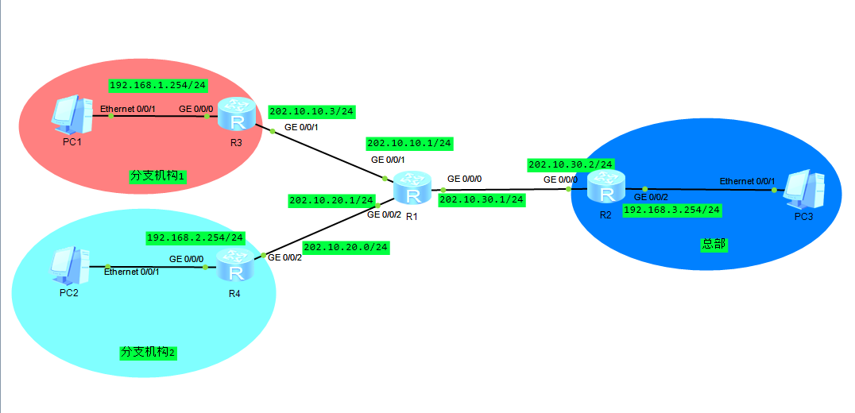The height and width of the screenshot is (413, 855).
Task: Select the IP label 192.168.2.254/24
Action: (x=195, y=237)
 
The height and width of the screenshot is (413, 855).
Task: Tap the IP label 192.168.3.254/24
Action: (x=672, y=210)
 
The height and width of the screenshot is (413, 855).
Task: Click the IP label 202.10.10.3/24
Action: (x=311, y=112)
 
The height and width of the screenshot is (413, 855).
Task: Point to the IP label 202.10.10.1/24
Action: (x=409, y=144)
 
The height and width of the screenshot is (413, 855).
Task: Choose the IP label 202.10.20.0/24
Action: (x=346, y=248)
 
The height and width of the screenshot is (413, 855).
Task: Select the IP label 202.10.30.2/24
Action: (x=571, y=164)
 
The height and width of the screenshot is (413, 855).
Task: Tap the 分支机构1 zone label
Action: (x=157, y=176)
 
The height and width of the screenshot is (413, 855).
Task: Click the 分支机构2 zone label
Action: (x=148, y=352)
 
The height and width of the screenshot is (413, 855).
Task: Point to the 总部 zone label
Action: (x=713, y=245)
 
